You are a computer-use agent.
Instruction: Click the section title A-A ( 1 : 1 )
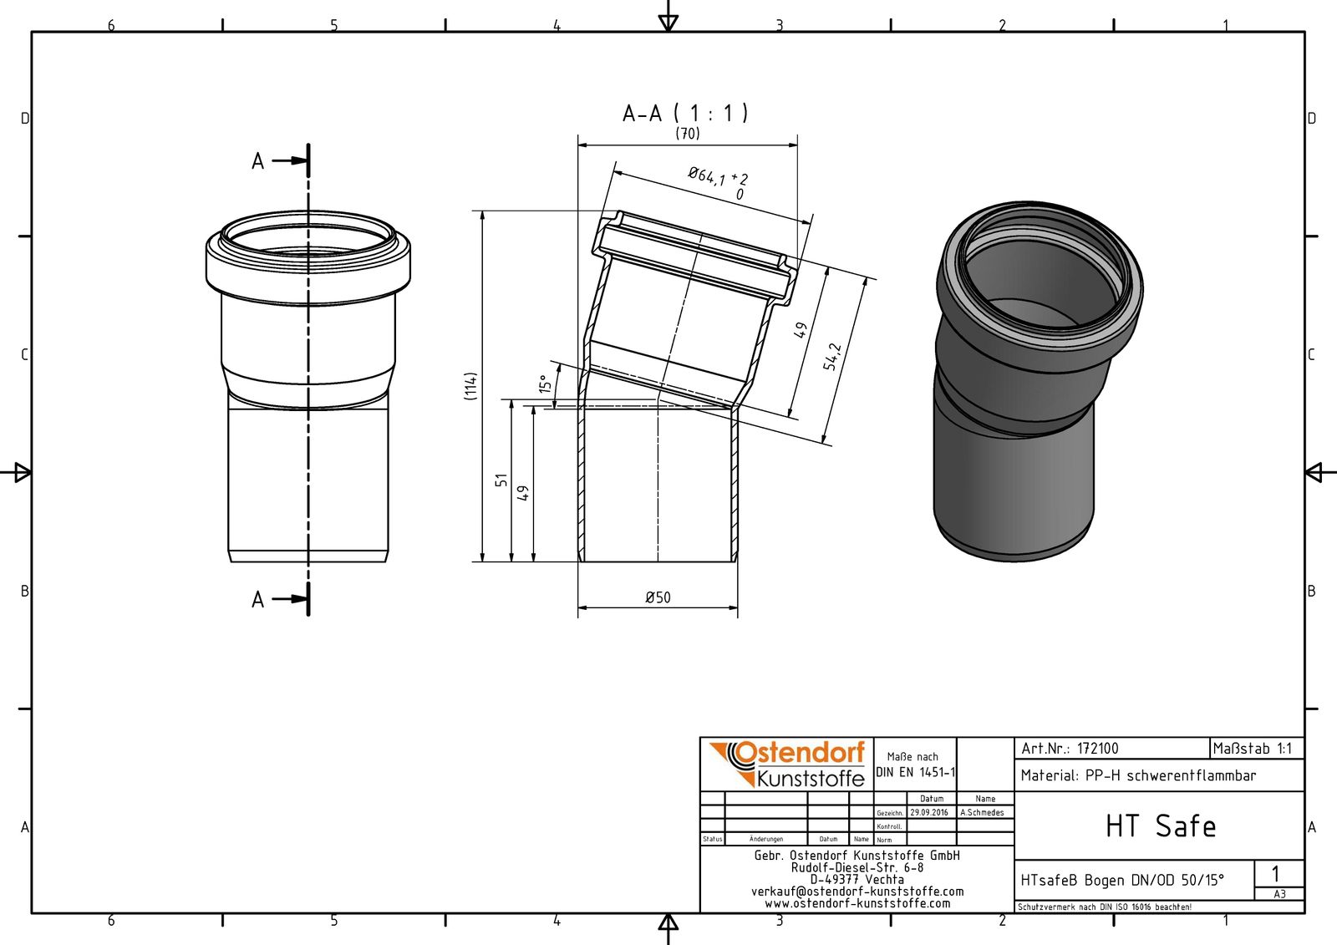point(685,113)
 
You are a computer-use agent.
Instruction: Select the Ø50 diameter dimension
point(658,597)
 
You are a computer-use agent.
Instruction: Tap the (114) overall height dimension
point(471,386)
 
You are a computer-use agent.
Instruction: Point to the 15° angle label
point(545,384)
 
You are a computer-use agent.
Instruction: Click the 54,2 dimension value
point(832,357)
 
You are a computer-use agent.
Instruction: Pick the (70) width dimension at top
point(688,134)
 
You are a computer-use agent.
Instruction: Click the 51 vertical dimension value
point(501,480)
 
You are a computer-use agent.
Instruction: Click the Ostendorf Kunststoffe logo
point(787,764)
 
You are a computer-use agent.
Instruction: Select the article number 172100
point(1096,749)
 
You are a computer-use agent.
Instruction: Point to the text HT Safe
point(1160,826)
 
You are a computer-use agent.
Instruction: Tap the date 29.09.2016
point(929,812)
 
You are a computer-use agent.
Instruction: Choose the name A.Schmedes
point(983,812)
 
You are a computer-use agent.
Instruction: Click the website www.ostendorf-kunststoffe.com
point(857,903)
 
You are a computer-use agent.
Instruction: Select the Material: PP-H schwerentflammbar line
point(1138,775)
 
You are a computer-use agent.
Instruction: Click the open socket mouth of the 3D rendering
point(1040,267)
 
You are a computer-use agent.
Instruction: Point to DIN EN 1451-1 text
point(915,772)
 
